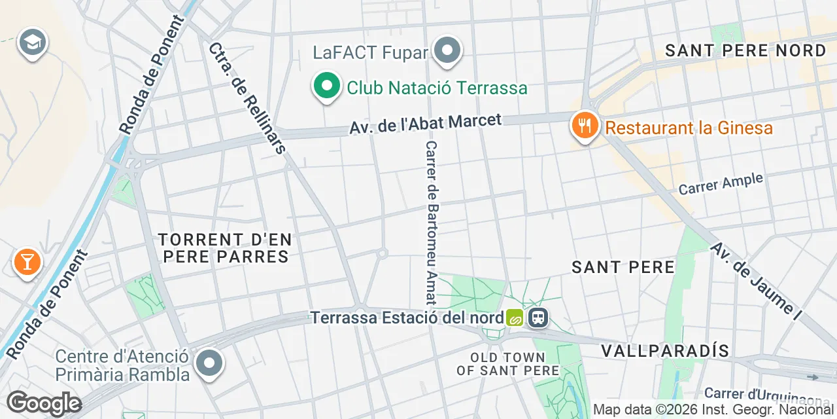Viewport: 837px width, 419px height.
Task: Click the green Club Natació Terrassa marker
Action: pos(326,86)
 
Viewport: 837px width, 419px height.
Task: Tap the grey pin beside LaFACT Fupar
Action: pos(448,50)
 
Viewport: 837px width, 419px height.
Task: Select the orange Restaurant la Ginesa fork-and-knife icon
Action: pos(584,124)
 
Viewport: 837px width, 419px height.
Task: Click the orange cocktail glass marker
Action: pos(27,262)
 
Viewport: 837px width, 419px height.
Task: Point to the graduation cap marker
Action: pos(31,43)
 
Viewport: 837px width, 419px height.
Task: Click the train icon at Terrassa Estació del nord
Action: pos(539,318)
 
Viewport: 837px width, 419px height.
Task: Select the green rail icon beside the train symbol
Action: pos(515,318)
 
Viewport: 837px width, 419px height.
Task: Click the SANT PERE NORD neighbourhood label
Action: pos(745,51)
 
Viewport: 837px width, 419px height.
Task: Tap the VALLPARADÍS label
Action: pos(665,350)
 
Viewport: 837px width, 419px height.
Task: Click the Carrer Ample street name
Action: pos(721,183)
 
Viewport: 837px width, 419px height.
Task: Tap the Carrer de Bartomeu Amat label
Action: pos(431,223)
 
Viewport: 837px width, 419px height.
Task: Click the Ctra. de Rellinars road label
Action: pos(247,98)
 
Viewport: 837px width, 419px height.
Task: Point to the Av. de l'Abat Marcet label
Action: pos(425,124)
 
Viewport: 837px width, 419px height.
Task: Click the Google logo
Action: pos(44,404)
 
